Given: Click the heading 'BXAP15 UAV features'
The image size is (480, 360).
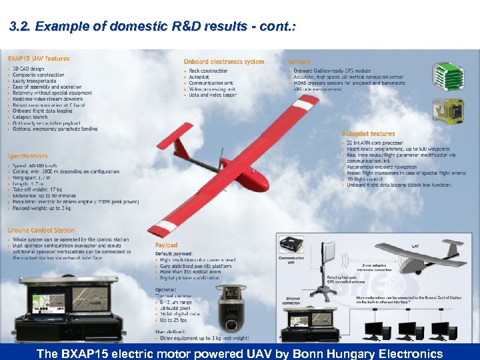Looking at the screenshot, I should point(39,59).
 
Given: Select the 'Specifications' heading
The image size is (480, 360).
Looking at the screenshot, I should point(28,156).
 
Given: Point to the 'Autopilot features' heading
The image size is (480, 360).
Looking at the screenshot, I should point(368,134).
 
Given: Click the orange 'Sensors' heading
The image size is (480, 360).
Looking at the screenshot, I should point(300,62).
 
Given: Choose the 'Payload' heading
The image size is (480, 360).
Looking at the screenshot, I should point(167,245).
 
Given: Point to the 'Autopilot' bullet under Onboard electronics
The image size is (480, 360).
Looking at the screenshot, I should point(200,77).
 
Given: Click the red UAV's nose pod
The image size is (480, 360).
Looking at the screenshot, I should point(257,179).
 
